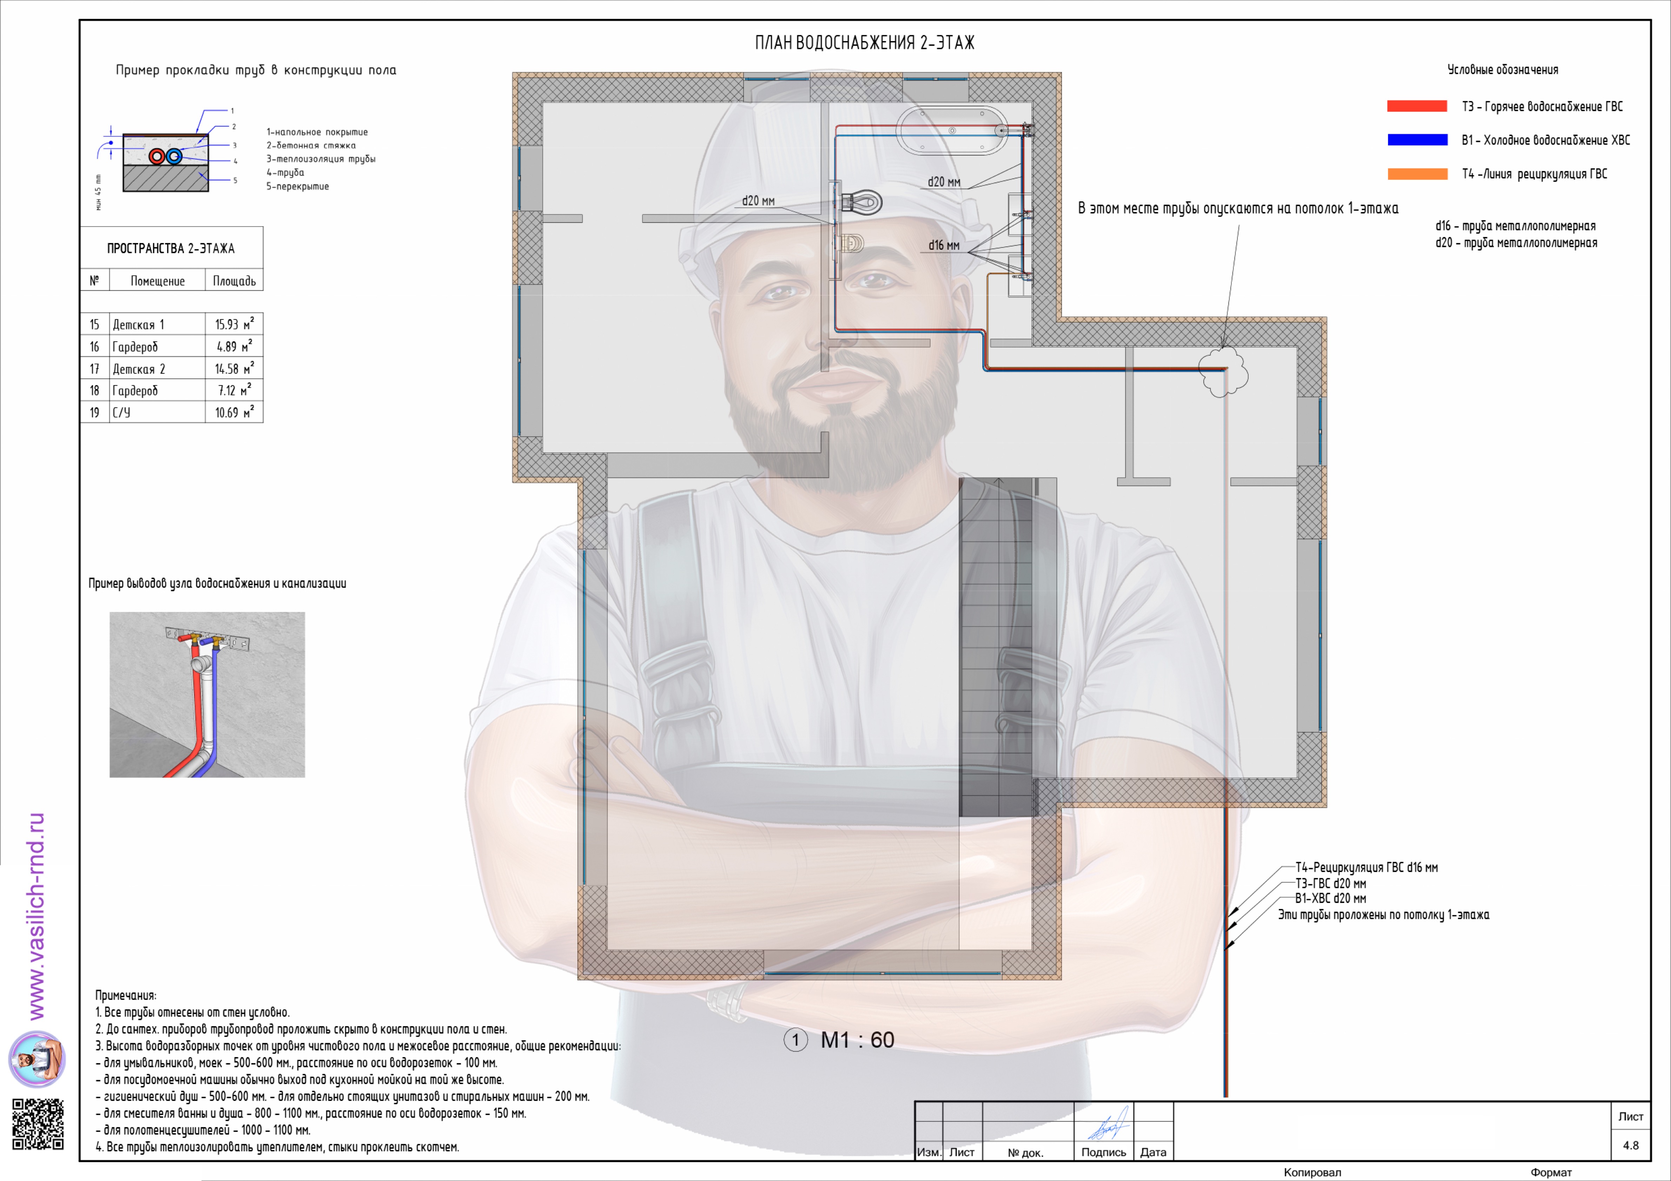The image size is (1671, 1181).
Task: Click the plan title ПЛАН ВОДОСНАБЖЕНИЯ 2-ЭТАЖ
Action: (865, 43)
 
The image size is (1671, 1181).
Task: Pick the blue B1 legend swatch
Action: (1417, 140)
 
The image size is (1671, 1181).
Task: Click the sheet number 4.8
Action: (1631, 1145)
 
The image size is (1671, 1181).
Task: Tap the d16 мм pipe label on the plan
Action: (944, 245)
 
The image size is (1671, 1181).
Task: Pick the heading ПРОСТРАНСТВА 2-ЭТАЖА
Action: (171, 248)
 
